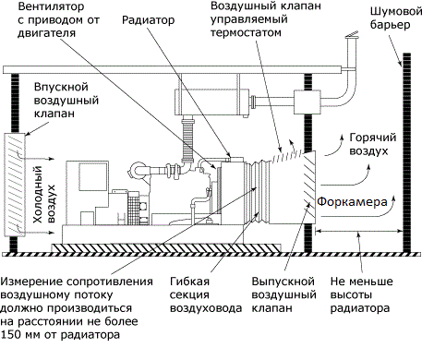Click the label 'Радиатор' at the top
(148, 20)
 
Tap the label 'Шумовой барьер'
(396, 18)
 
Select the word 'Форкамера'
(352, 202)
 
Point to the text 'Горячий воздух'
(372, 144)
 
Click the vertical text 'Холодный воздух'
(43, 195)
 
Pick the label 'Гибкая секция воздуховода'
(206, 294)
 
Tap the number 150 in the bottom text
(10, 334)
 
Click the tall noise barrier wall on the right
(406, 153)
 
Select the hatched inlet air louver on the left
(15, 185)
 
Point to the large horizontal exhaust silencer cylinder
(212, 102)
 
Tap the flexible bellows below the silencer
(187, 140)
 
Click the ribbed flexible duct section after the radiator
(257, 192)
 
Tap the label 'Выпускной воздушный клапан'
(283, 294)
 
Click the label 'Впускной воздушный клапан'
(66, 101)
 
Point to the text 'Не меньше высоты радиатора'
(361, 294)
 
